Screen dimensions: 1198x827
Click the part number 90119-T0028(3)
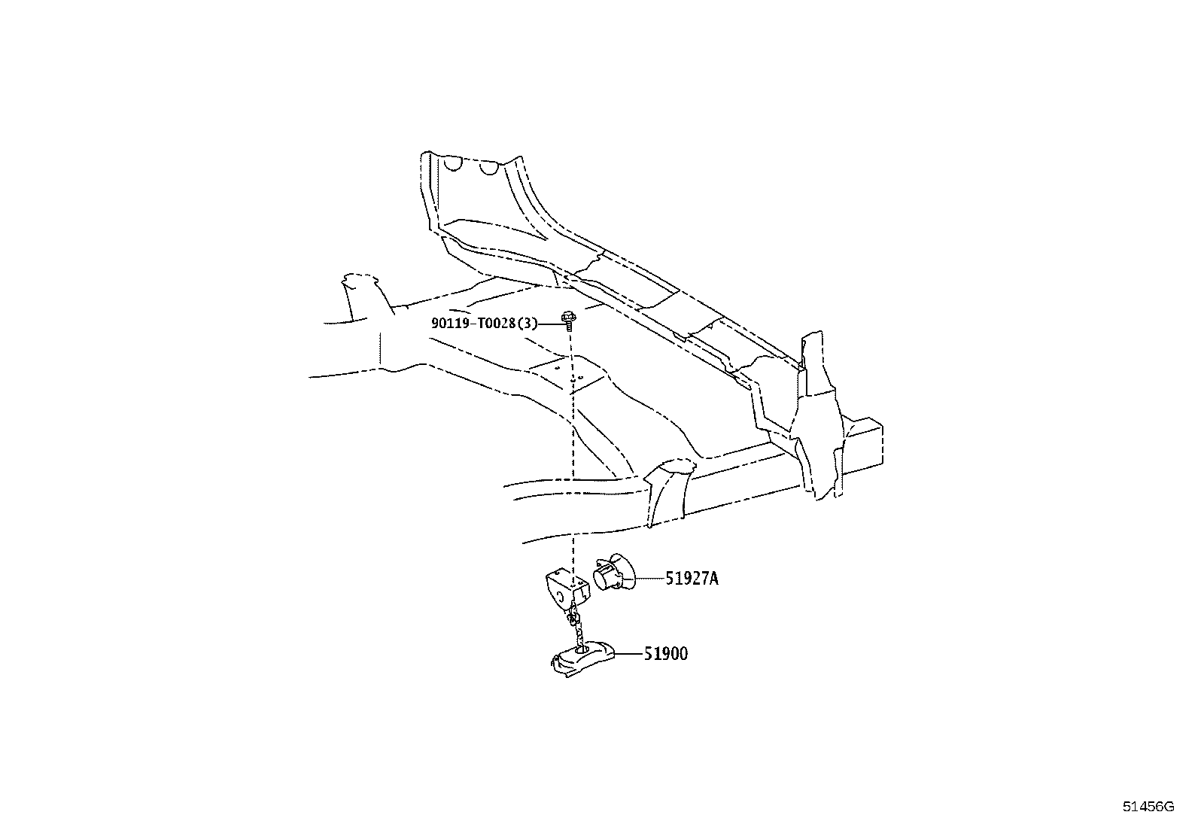485,323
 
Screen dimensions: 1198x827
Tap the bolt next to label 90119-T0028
568,319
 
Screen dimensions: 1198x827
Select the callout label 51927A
692,579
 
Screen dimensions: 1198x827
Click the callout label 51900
666,654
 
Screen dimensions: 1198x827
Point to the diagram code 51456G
1148,807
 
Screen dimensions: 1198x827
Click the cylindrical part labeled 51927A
613,573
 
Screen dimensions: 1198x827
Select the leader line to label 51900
629,654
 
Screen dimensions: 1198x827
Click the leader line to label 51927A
650,579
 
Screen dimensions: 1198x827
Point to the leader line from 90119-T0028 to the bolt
550,324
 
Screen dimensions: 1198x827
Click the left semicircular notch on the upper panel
452,164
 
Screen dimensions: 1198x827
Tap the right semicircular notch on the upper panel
489,169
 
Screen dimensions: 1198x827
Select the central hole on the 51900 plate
582,649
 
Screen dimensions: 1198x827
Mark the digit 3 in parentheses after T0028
527,323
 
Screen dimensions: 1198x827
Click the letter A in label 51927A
713,579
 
